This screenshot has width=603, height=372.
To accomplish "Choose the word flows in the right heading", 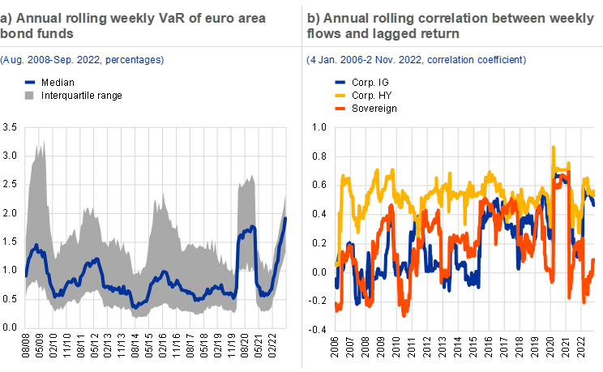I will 327,33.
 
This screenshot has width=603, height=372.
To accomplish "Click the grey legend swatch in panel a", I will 29,95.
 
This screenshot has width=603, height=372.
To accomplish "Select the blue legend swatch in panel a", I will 29,82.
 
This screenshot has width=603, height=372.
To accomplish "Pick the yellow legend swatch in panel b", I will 340,95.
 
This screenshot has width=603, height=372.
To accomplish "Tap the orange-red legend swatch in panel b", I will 340,108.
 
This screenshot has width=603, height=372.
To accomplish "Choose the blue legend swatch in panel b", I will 340,82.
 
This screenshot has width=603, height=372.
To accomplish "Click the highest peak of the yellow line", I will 554,148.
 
